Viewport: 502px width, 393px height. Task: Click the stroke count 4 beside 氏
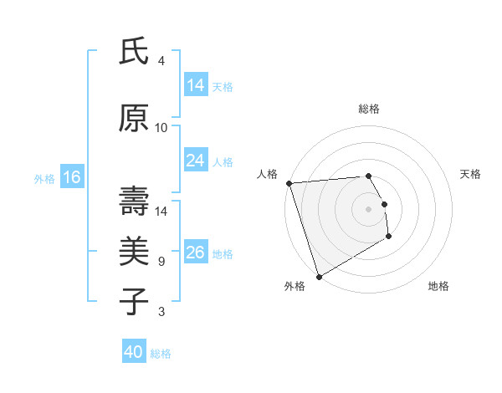(161, 61)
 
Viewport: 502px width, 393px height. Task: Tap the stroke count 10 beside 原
(161, 128)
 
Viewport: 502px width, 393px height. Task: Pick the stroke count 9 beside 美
(161, 262)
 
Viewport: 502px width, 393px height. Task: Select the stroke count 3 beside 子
(161, 312)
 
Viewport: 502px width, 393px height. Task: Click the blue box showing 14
(195, 85)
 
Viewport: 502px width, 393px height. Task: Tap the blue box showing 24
(195, 161)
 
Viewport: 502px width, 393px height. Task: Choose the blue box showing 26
(195, 253)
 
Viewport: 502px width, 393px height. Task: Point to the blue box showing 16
(71, 177)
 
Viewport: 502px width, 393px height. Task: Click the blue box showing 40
(133, 352)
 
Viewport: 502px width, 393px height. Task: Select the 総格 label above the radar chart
(368, 109)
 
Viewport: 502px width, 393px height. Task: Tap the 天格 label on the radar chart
(471, 174)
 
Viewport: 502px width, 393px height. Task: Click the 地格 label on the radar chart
(438, 286)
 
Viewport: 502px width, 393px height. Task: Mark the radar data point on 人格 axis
(289, 183)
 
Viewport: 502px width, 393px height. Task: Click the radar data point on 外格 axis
(319, 276)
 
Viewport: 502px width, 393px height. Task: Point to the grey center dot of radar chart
(368, 208)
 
